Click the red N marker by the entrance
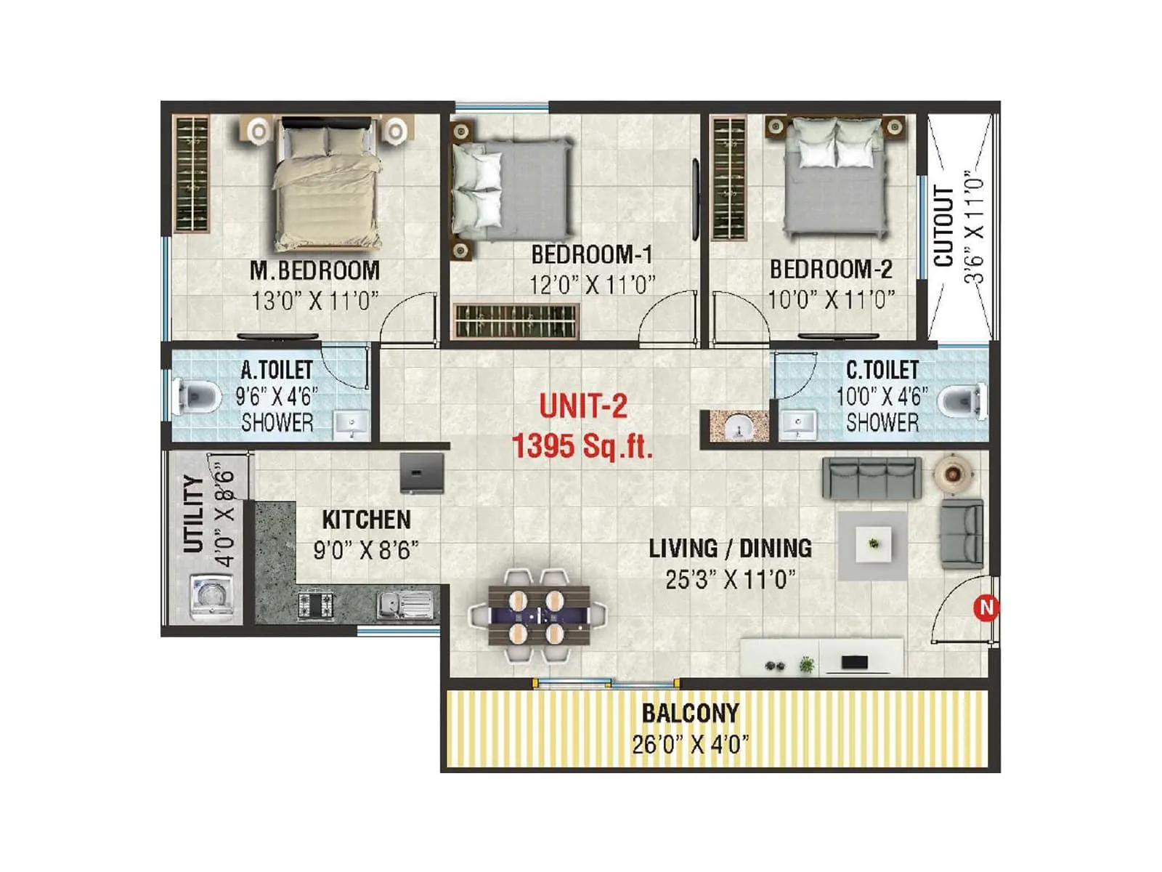coord(986,607)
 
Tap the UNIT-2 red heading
coord(583,406)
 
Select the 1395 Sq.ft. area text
coord(582,445)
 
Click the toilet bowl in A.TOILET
coord(199,397)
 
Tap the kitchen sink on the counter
coord(405,605)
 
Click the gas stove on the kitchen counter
coord(317,605)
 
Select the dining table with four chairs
coord(537,615)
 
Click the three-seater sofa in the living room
coord(871,478)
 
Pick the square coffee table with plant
coord(873,545)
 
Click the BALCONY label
coord(690,714)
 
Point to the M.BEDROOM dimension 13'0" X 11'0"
coord(315,301)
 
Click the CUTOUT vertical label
coord(943,227)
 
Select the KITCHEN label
coord(366,520)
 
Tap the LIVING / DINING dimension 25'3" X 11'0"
coord(730,580)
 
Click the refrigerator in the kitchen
coord(422,473)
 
